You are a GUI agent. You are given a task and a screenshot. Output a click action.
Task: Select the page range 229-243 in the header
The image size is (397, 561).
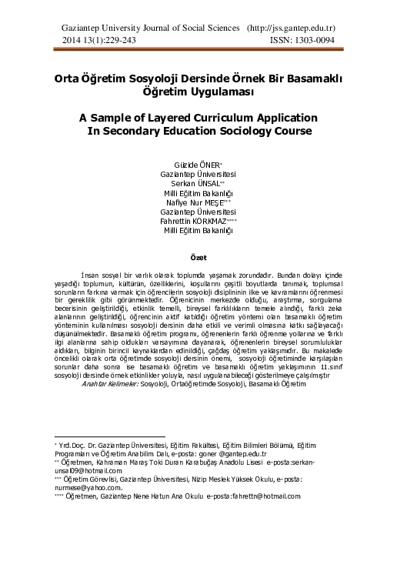point(115,39)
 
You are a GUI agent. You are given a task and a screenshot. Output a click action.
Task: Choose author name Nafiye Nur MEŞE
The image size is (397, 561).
point(198,202)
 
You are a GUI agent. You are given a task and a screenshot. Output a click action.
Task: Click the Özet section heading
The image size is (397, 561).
point(198,256)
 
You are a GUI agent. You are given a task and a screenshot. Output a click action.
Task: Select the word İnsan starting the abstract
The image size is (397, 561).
point(91,275)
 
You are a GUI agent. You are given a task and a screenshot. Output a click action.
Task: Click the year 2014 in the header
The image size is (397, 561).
point(72,39)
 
